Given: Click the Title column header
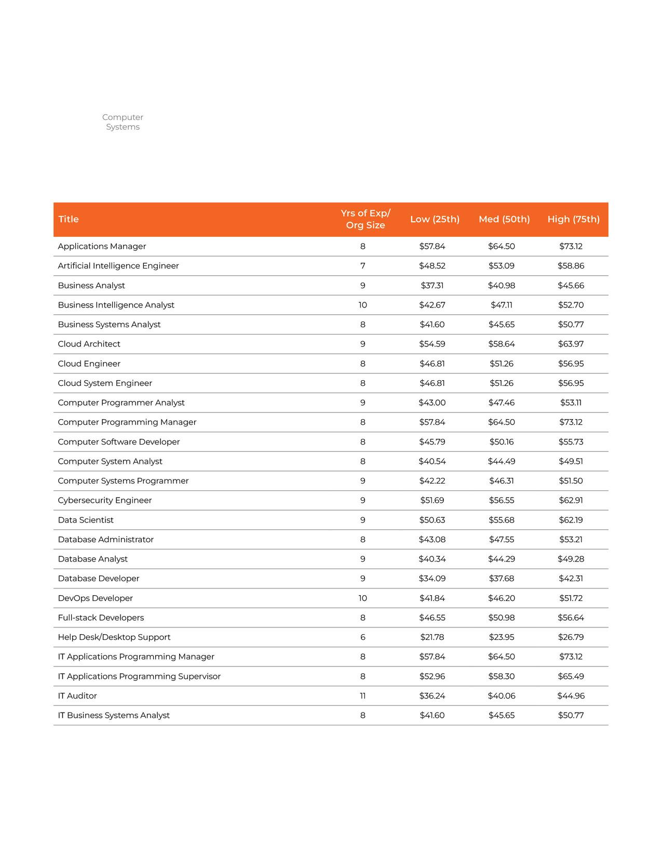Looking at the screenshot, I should pyautogui.click(x=69, y=219).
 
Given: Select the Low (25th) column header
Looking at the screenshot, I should pyautogui.click(x=435, y=219).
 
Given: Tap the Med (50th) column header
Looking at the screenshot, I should pyautogui.click(x=504, y=219).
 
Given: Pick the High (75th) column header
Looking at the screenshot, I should pyautogui.click(x=573, y=219).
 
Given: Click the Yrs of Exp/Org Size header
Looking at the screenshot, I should pyautogui.click(x=366, y=219).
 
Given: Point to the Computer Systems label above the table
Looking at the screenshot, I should pyautogui.click(x=123, y=122).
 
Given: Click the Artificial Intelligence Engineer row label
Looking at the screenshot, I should pyautogui.click(x=118, y=266).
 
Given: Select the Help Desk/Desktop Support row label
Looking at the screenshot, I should pyautogui.click(x=114, y=637).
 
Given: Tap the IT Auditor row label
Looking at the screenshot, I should pyautogui.click(x=77, y=696).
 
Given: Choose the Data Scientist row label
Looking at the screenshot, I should pyautogui.click(x=86, y=520).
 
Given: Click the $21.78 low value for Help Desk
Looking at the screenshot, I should pyautogui.click(x=432, y=637).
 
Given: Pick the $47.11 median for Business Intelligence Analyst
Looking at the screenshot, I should pyautogui.click(x=502, y=305).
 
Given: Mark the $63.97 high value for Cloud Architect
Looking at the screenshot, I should pyautogui.click(x=571, y=344).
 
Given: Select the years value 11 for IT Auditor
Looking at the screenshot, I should pyautogui.click(x=362, y=696).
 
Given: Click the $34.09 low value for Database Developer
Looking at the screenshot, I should pyautogui.click(x=432, y=579).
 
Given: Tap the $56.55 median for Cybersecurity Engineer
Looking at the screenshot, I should pyautogui.click(x=502, y=501).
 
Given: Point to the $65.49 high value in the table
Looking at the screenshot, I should pyautogui.click(x=571, y=676).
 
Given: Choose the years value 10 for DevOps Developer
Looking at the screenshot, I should pyautogui.click(x=362, y=598).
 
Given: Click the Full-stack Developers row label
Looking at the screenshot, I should pyautogui.click(x=101, y=618).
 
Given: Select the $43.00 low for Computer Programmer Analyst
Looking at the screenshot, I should pyautogui.click(x=432, y=403).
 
